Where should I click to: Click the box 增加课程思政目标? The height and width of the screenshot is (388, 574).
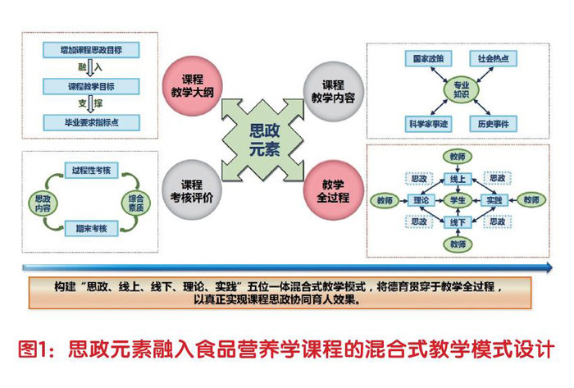coord(89,50)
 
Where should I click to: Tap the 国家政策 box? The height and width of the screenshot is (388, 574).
coord(424,58)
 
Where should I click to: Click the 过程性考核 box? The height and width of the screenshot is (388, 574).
coord(89,170)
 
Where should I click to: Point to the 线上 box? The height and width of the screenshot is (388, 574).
coord(458,177)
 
